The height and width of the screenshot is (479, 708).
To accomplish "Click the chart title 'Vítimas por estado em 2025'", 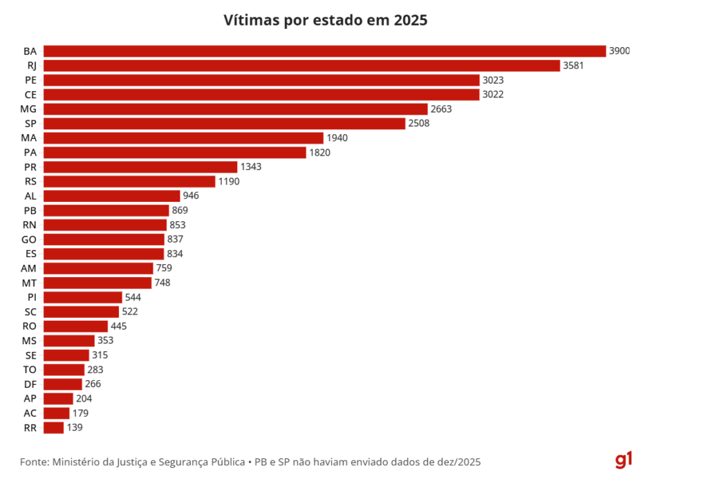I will pos(326,20).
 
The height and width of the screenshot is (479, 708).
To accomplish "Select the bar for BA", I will pos(324,51).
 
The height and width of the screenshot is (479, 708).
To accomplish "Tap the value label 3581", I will pos(573,66).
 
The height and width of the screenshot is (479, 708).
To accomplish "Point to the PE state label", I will pos(30,80).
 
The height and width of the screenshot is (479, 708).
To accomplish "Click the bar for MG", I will pos(235,109).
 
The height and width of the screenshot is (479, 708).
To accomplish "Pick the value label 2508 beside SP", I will pos(419,124).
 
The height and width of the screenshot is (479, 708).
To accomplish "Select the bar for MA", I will pos(183,138).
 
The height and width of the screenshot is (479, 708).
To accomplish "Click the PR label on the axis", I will pos(30,167).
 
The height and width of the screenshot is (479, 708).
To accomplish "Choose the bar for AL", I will pos(111,196).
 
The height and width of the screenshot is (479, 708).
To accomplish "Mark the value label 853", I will pos(178,225).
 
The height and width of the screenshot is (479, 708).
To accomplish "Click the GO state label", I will pos(30,240).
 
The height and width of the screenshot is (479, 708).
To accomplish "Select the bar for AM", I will pos(98,268).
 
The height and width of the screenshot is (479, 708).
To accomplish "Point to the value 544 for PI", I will pos(133,297).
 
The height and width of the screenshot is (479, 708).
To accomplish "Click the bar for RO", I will pos(75,326).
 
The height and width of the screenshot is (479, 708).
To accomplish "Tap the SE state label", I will pos(30,355).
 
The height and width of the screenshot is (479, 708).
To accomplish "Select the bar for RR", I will pos(53,428).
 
